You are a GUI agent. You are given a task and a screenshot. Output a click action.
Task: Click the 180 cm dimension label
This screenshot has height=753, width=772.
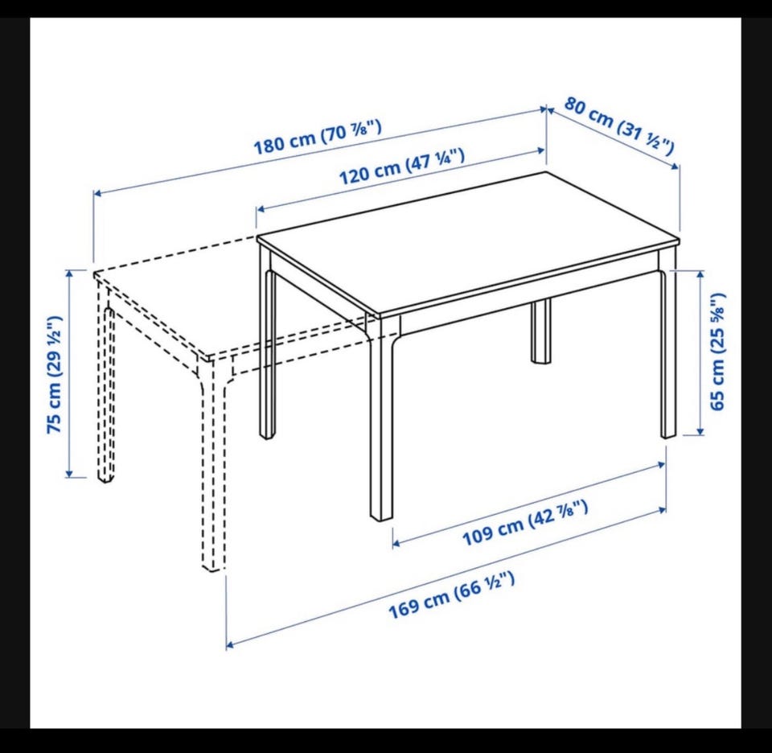pos(317,137)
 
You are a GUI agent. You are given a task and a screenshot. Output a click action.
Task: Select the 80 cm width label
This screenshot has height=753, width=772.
pos(619,125)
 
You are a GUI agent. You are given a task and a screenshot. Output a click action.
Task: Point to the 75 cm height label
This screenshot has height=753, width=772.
pos(54,375)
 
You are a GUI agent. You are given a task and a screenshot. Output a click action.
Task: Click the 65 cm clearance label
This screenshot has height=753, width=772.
pos(718,351)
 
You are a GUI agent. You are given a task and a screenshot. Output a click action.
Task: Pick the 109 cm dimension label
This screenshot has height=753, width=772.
pos(525,523)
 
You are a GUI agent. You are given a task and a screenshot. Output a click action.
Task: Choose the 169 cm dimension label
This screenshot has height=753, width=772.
pos(452,595)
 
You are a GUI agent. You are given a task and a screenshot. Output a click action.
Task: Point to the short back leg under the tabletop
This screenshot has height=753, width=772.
pos(541,331)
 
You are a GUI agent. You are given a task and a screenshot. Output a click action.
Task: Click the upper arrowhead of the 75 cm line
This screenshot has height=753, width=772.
pos(70,273)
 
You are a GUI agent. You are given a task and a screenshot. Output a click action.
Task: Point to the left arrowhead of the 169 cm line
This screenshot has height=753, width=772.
pos(230,644)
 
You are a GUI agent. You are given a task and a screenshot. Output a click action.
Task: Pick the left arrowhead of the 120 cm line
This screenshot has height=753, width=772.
pos(261,209)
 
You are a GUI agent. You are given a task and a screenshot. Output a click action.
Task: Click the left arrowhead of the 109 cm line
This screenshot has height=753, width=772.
pos(396,543)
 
